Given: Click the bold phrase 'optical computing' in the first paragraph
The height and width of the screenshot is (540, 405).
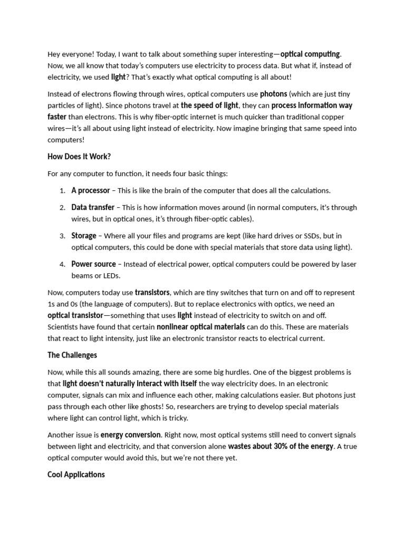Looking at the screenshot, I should (311, 54).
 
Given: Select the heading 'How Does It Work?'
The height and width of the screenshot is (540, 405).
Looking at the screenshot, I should (79, 157).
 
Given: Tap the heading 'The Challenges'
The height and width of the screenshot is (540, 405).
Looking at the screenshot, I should (72, 355).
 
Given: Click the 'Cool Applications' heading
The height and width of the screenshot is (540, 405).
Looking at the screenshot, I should (76, 475).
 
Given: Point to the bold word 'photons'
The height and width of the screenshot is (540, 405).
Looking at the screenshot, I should (274, 94).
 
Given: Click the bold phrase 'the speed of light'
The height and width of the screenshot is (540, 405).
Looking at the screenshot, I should (209, 105).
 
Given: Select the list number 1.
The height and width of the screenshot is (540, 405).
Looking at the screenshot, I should (62, 191).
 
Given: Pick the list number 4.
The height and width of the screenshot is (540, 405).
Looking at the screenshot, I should (62, 264).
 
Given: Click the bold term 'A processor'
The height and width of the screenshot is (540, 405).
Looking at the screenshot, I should (91, 190).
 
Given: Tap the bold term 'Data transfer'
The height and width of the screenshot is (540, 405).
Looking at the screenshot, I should (93, 207).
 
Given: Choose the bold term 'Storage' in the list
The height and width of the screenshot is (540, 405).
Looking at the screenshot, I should (84, 236).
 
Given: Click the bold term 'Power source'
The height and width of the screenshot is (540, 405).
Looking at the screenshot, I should (93, 264).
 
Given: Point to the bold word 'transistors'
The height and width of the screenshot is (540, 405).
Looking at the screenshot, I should (152, 292).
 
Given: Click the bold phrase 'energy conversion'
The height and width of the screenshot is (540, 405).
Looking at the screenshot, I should (131, 435).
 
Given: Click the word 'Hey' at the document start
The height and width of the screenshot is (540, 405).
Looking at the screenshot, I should (54, 54).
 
